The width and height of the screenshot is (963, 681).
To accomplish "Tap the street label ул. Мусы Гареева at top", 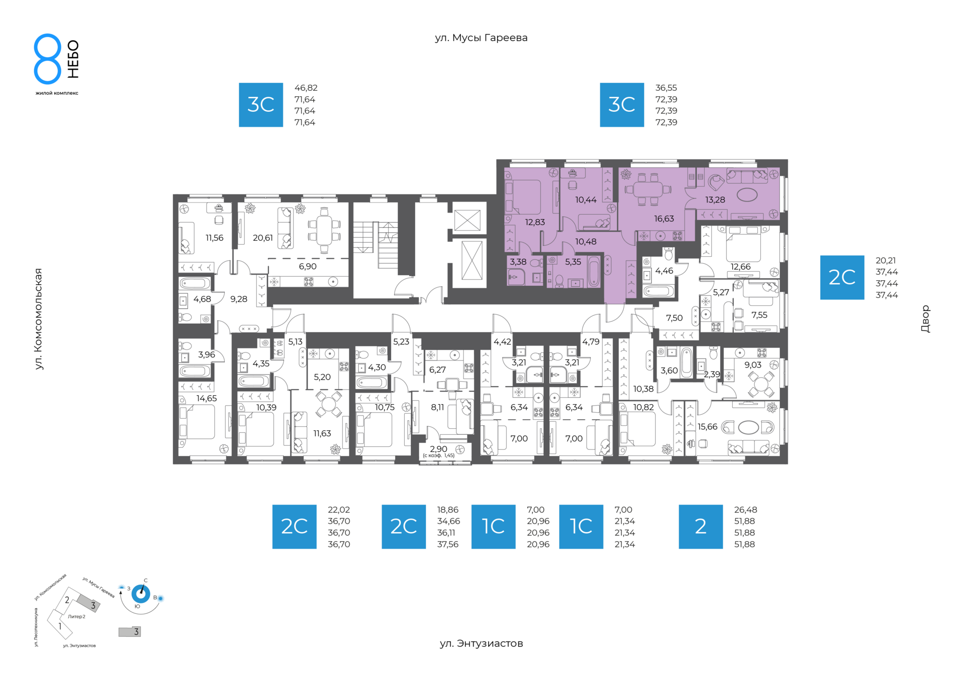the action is [481, 38].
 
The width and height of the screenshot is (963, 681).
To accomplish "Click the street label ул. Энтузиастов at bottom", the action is [481, 643].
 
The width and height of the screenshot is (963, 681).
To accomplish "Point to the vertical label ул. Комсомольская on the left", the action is [39, 319].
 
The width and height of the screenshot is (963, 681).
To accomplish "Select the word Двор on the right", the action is [925, 319].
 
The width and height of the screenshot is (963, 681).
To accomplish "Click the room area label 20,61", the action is [263, 238].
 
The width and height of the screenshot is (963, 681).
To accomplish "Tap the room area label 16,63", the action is [664, 219].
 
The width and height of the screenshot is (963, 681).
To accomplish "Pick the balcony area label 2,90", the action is [438, 449].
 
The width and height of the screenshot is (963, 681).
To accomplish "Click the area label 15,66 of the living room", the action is [708, 427].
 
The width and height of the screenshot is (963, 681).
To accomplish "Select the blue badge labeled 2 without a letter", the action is [701, 527].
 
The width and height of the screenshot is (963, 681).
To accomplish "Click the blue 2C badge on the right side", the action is [842, 277].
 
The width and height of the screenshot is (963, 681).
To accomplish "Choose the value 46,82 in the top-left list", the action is [305, 88].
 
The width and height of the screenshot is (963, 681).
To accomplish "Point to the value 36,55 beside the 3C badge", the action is [666, 88].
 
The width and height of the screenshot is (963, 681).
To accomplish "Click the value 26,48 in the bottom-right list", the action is [745, 510].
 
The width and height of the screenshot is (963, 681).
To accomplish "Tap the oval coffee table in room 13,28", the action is [747, 195].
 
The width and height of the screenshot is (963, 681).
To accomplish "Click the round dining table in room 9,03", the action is [761, 385].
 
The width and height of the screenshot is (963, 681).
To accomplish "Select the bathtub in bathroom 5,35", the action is [593, 271].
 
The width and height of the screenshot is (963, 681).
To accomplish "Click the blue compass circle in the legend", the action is [140, 594].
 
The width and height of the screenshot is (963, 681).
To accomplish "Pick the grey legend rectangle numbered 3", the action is [129, 632].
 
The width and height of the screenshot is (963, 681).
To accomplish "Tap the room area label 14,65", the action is [207, 399].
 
